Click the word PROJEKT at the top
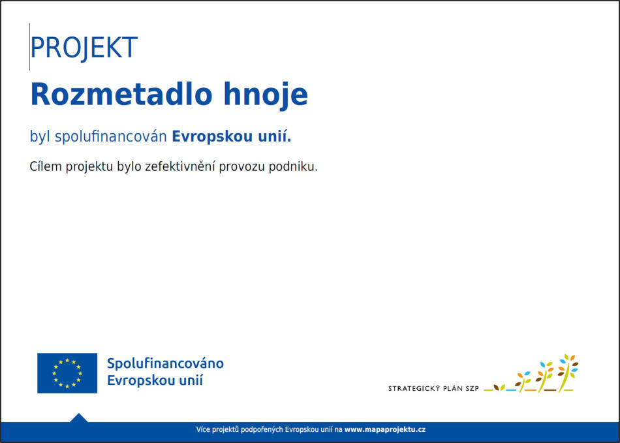click(84, 48)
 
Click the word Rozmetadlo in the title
click(121, 94)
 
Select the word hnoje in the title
click(266, 95)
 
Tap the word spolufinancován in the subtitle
click(111, 137)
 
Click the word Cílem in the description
click(46, 166)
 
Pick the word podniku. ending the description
click(293, 167)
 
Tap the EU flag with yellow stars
click(67, 373)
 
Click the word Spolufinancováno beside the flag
click(165, 363)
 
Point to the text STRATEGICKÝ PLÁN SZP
click(433, 388)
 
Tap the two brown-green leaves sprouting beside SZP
click(499, 388)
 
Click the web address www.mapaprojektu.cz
click(385, 429)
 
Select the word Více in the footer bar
click(203, 429)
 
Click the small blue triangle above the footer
click(79, 418)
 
